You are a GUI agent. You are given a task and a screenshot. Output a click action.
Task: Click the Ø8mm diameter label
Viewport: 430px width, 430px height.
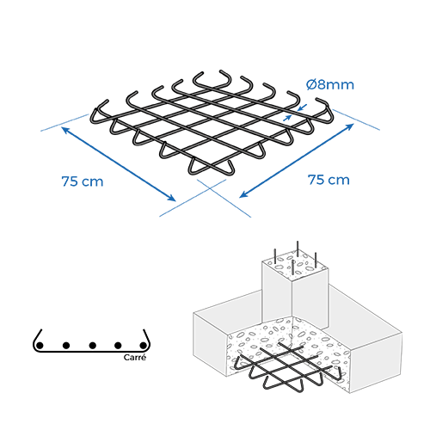(x=329, y=85)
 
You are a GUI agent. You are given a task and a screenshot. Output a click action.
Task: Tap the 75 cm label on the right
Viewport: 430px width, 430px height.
(x=329, y=180)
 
